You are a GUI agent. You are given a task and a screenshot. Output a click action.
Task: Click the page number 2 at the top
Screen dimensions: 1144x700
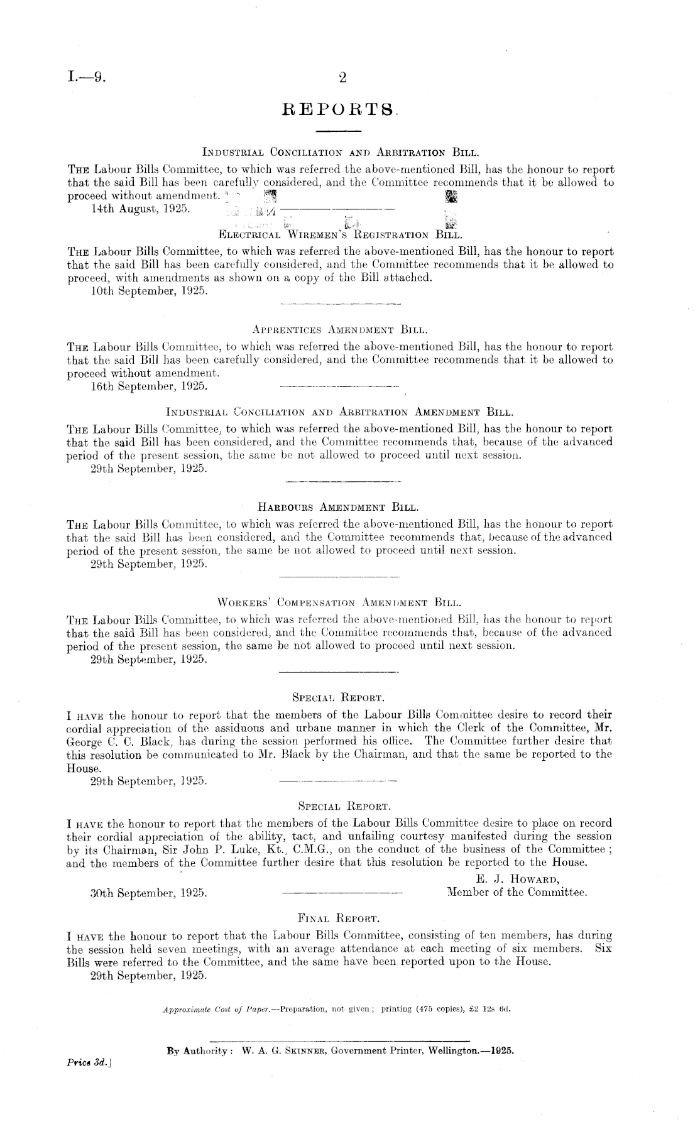click(342, 79)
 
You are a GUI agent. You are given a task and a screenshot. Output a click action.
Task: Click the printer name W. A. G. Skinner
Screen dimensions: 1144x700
click(279, 1050)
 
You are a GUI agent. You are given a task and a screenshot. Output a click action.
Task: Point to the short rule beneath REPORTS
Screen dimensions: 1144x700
click(337, 131)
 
